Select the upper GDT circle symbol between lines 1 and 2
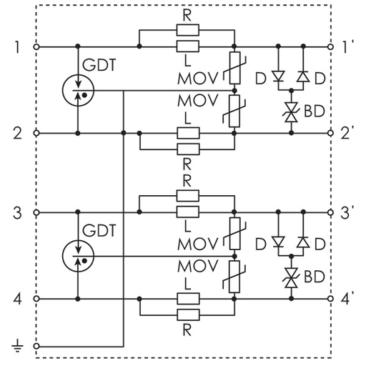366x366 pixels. click(x=77, y=90)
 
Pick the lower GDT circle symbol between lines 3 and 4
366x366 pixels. click(x=77, y=255)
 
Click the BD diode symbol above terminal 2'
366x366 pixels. click(x=290, y=111)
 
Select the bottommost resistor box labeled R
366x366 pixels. click(x=187, y=315)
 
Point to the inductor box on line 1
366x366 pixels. click(x=187, y=47)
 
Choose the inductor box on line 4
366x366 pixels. click(x=187, y=298)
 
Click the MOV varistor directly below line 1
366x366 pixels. click(x=234, y=69)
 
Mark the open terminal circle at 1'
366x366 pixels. click(x=331, y=47)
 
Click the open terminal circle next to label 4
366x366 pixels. click(x=36, y=298)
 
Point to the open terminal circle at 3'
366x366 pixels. click(x=331, y=213)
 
